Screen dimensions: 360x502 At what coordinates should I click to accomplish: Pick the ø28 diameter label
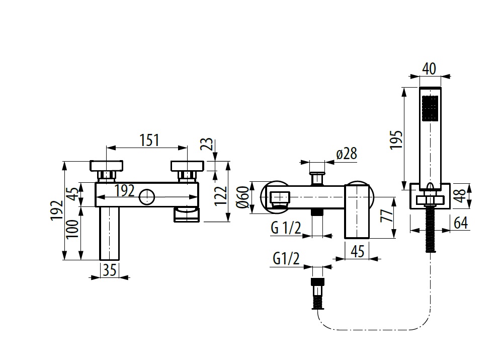(x=346, y=154)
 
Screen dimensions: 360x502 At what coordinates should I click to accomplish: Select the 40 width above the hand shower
(x=429, y=68)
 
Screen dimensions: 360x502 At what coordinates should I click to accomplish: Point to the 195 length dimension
(x=397, y=138)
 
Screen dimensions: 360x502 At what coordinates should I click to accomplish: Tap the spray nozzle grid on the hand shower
(x=430, y=109)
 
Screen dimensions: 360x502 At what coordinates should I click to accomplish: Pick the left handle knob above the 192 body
(x=107, y=166)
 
